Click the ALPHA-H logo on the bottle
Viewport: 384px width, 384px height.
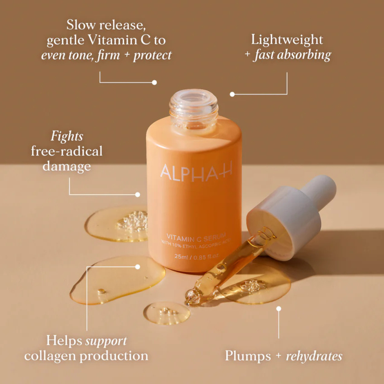pos(196,171)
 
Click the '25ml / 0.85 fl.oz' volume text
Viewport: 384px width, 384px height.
pos(197,256)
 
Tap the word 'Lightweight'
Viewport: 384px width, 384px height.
pos(287,39)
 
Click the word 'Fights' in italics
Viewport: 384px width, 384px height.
pos(67,136)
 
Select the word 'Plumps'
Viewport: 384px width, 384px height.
pos(248,356)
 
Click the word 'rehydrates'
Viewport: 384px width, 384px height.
pos(314,356)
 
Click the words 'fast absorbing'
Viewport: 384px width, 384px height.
pos(292,55)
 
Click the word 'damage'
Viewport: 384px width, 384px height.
pos(67,166)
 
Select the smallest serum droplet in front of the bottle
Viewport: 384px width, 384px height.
pos(166,313)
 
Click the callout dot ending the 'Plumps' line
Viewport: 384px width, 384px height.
pos(279,309)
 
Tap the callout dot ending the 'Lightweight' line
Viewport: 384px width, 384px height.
pos(232,94)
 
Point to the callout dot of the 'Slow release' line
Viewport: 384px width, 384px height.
pos(154,82)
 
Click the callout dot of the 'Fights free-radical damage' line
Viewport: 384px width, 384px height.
pos(138,194)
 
